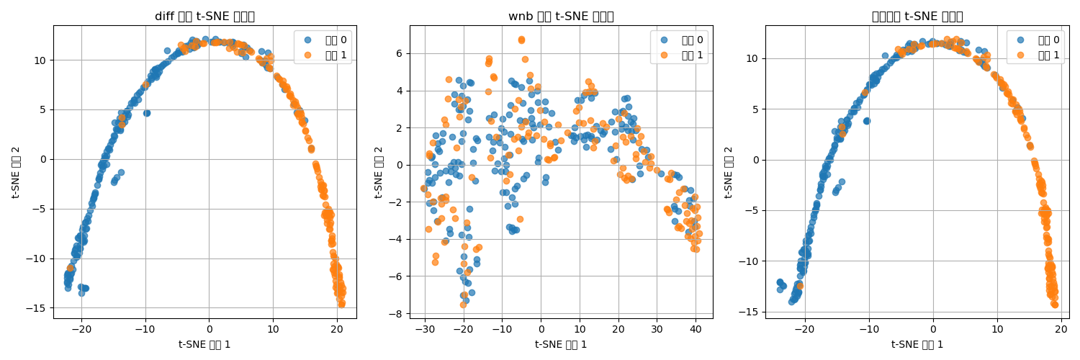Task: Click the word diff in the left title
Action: (166, 17)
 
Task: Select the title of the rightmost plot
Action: (917, 17)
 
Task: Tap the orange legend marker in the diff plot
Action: (307, 55)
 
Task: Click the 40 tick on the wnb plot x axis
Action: (696, 328)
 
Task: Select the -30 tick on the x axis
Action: (426, 328)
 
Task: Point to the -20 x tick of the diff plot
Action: (81, 328)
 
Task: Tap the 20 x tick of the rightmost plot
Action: (1061, 328)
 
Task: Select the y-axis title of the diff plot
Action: (16, 172)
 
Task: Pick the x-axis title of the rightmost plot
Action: (917, 344)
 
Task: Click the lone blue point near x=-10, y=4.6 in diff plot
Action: (147, 113)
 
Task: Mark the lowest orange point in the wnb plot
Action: (462, 305)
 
